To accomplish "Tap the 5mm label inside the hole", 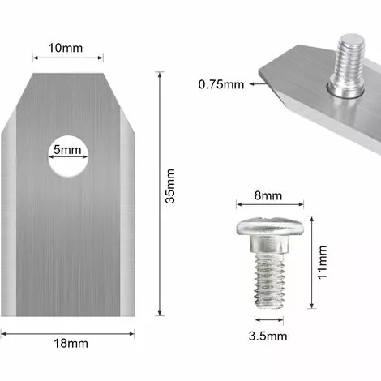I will point(67,151).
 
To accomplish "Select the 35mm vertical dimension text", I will point(170,197).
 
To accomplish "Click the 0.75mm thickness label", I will point(220,83).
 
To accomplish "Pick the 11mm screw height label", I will point(323,262).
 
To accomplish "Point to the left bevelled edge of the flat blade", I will point(12,211).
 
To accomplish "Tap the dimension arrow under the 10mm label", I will point(67,57).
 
